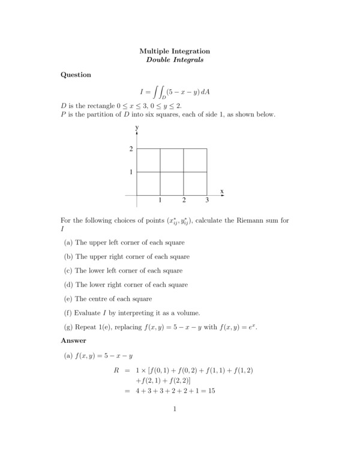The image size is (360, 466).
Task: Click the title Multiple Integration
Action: click(175, 51)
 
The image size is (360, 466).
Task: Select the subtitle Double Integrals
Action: click(175, 60)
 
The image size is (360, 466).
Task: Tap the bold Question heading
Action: click(76, 75)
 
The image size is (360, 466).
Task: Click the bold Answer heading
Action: click(73, 340)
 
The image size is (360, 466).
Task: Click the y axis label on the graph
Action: click(137, 128)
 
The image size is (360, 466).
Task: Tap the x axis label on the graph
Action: click(222, 191)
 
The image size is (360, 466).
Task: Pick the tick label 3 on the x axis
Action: click(207, 200)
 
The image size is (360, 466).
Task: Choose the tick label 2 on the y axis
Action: click(131, 149)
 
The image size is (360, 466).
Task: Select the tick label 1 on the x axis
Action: click(160, 200)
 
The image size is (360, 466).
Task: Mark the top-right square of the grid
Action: click(196, 160)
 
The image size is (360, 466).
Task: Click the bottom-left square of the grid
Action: click(148, 184)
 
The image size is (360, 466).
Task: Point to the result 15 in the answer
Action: click(211, 391)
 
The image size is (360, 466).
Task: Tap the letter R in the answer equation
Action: click(116, 371)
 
